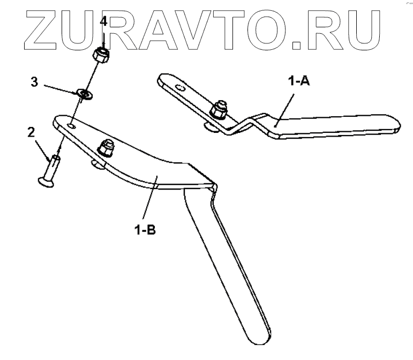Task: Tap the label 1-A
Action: point(299,81)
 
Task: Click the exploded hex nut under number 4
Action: point(101,55)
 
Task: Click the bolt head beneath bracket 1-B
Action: point(98,163)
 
